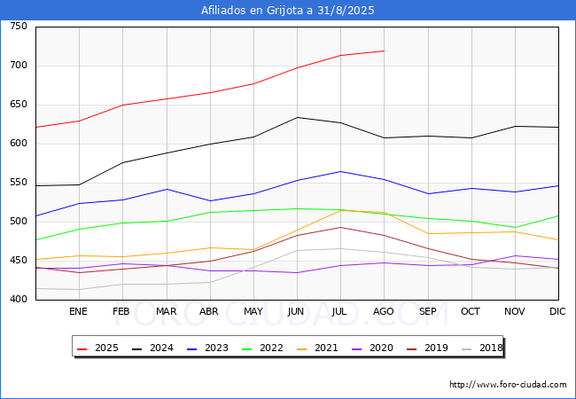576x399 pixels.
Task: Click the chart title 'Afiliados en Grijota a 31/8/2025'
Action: [288, 11]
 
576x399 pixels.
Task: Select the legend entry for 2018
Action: [482, 348]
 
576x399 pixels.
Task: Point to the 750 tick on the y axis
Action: [19, 27]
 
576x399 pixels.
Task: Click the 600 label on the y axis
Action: [19, 144]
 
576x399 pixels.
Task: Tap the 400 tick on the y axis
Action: [19, 300]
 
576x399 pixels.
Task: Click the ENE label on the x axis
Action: [78, 312]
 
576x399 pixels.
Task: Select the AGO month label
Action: [384, 312]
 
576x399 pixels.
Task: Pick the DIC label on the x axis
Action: [557, 312]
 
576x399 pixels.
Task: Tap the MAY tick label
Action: [253, 312]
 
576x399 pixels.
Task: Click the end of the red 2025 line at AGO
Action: [384, 51]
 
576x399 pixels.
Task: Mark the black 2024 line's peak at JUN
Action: [297, 117]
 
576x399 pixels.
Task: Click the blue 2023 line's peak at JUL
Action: [340, 171]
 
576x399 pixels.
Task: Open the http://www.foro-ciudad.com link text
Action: [508, 385]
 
